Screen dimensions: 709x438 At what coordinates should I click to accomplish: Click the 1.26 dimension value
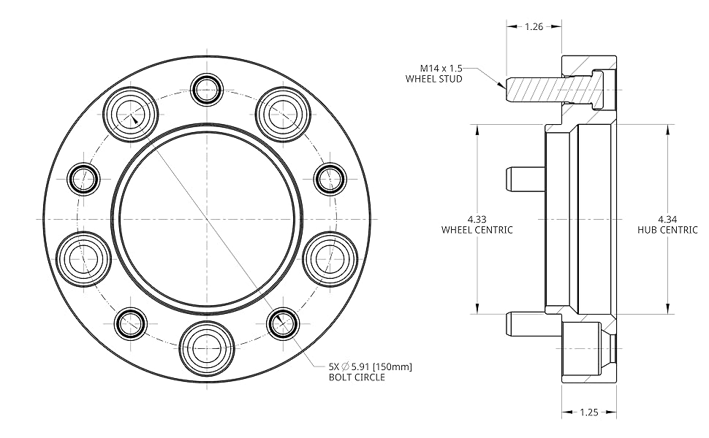click(534, 26)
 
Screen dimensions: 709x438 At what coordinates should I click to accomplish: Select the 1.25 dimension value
click(589, 412)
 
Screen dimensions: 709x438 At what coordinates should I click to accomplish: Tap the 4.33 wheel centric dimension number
click(477, 220)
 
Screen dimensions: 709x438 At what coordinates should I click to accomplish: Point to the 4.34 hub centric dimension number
click(667, 220)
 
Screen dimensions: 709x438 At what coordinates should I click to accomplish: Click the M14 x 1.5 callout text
click(441, 68)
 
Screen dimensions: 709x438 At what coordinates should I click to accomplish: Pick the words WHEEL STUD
click(434, 79)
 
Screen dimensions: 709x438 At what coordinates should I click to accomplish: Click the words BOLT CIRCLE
click(357, 377)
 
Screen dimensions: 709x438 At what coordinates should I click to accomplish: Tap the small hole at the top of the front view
click(207, 89)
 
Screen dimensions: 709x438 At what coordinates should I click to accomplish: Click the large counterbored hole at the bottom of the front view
click(207, 349)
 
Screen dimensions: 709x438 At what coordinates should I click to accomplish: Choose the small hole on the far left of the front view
click(83, 180)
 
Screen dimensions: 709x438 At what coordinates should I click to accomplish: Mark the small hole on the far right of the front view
click(330, 180)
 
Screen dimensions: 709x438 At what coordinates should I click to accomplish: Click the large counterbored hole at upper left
click(131, 113)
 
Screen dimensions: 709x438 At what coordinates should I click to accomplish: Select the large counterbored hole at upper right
click(283, 113)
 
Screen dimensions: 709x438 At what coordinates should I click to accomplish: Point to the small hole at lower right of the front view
click(283, 323)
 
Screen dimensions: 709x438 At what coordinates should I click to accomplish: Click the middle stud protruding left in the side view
click(525, 180)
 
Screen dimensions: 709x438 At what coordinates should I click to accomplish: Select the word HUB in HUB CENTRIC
click(645, 230)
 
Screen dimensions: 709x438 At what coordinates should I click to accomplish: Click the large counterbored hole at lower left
click(83, 258)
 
